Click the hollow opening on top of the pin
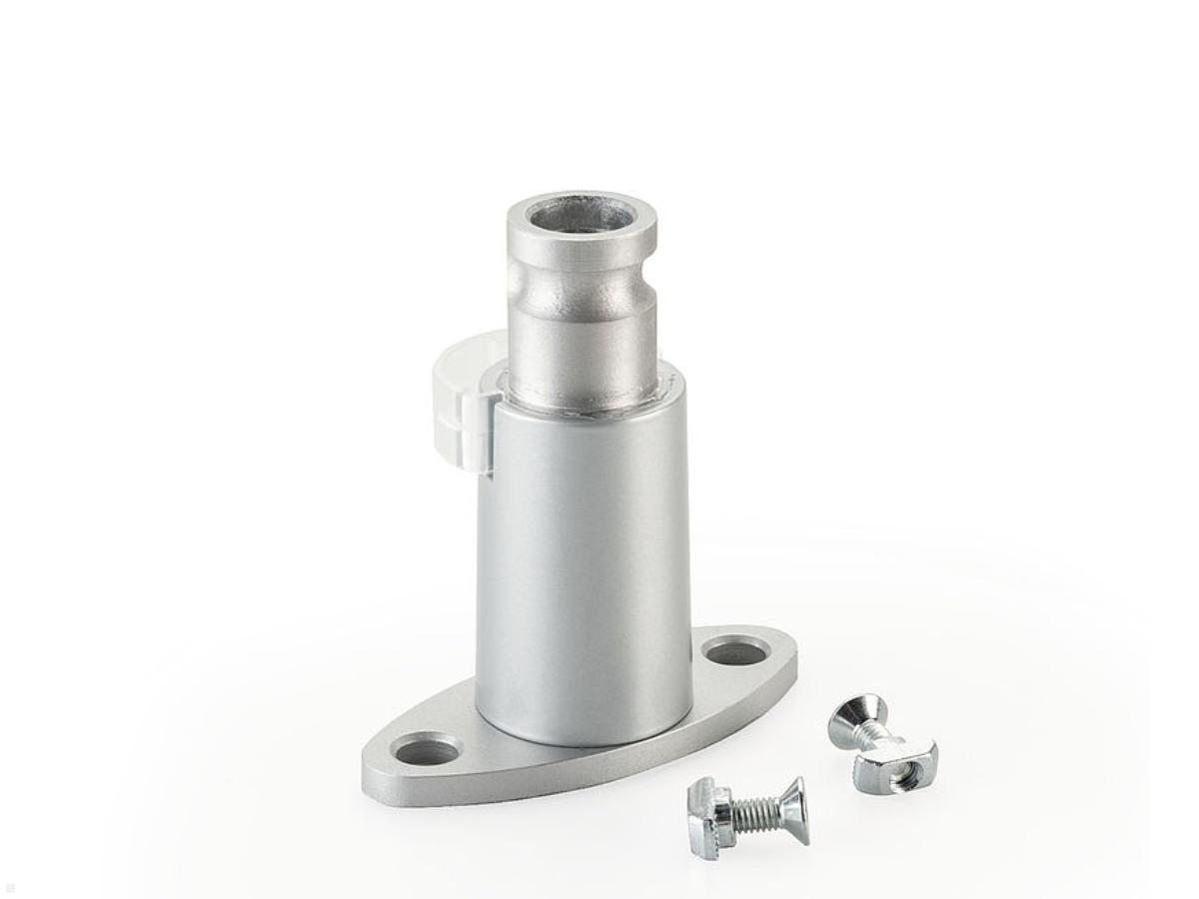click(582, 215)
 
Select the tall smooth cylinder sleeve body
click(582, 559)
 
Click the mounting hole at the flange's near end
click(427, 748)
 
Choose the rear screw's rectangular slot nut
click(894, 764)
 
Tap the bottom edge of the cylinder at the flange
click(583, 741)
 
